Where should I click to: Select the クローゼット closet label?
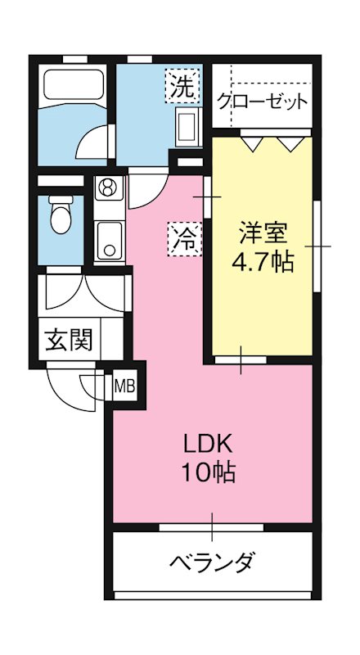pos(263,102)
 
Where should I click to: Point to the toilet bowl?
pos(61,216)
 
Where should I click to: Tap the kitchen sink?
pos(108,237)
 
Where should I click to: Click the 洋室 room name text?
pos(263,233)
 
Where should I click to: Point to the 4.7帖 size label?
pos(263,264)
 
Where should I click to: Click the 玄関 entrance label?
pos(68,337)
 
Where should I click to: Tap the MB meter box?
pos(124,383)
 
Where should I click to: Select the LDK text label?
pos(209,445)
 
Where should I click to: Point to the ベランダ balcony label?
pos(213,562)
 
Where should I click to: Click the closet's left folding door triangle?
pos(253,144)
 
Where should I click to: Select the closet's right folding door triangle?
pos(289,144)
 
